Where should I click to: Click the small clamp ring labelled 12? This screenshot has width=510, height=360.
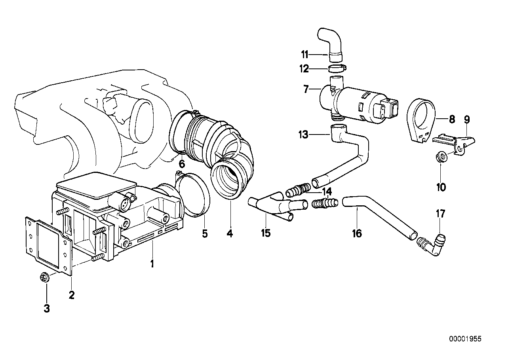pyautogui.click(x=336, y=70)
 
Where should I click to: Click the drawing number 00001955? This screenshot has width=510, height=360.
pyautogui.click(x=465, y=339)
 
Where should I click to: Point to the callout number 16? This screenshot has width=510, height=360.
pyautogui.click(x=357, y=233)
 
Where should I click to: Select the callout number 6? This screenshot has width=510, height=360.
pyautogui.click(x=182, y=163)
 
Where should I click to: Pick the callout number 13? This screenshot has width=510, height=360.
pyautogui.click(x=303, y=135)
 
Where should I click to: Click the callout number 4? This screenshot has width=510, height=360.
pyautogui.click(x=230, y=233)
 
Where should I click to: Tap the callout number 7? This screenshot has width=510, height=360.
pyautogui.click(x=306, y=89)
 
